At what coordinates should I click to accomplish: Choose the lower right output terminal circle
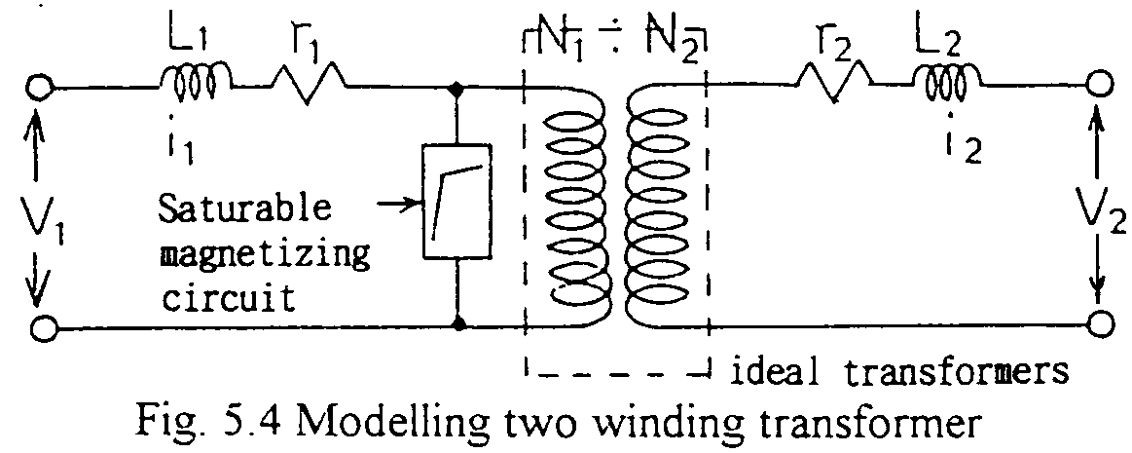tap(1101, 324)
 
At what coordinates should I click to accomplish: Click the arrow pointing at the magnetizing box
tap(394, 205)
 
